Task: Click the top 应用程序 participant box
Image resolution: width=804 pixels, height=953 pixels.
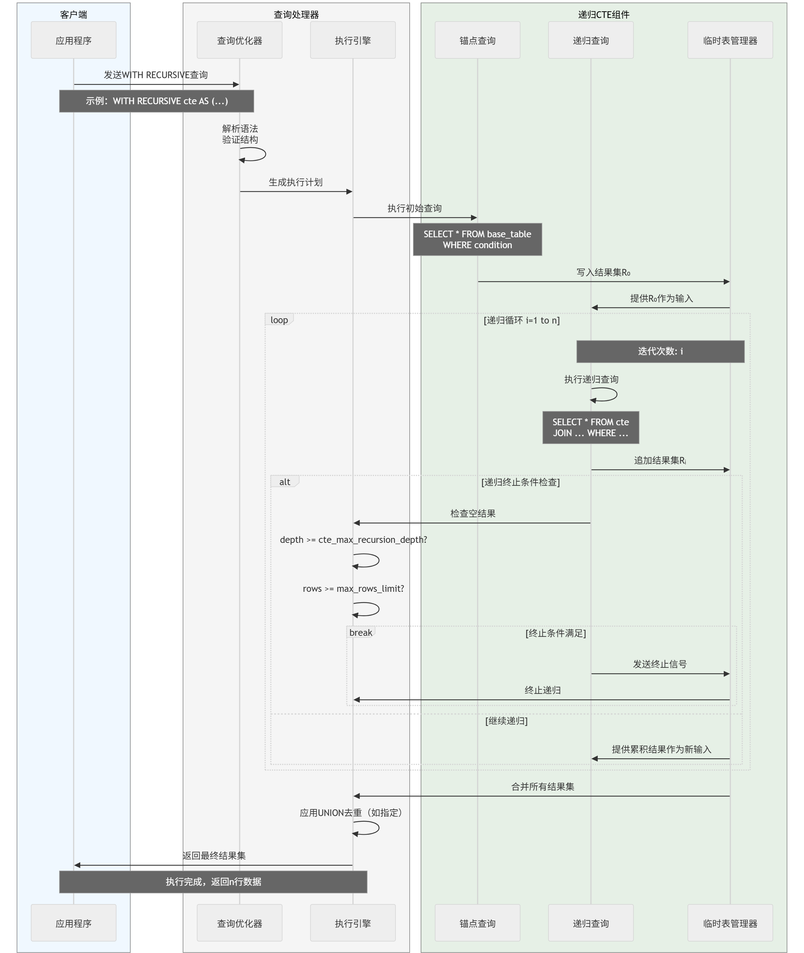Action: [73, 40]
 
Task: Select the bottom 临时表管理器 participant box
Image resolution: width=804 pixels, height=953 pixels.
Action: [730, 923]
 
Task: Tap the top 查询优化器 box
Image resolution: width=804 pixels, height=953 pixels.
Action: [239, 40]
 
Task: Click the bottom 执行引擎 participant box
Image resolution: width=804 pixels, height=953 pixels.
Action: [352, 923]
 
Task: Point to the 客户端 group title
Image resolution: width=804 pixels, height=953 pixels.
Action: [73, 14]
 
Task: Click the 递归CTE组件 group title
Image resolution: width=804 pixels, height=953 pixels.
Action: [603, 14]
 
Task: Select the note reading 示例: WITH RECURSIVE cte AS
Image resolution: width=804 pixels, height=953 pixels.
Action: [156, 101]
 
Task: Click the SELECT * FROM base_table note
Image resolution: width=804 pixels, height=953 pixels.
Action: [477, 239]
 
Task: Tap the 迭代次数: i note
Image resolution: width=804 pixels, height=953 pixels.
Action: [660, 351]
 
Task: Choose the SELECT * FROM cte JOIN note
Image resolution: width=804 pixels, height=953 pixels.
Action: [590, 427]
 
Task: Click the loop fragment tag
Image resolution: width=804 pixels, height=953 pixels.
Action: [279, 320]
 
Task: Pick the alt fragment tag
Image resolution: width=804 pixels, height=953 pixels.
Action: [284, 482]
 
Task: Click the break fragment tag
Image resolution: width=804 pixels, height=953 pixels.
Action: [360, 633]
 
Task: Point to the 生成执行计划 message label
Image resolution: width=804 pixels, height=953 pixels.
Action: [295, 182]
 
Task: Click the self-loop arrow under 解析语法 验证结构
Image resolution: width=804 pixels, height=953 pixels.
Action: [253, 154]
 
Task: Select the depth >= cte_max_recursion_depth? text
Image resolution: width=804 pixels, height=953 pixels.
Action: [353, 540]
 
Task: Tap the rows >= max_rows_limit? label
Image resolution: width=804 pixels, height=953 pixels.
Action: [353, 588]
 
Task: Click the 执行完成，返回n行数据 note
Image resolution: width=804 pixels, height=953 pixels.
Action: [213, 882]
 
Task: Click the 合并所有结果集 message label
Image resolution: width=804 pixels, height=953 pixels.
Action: [542, 786]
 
